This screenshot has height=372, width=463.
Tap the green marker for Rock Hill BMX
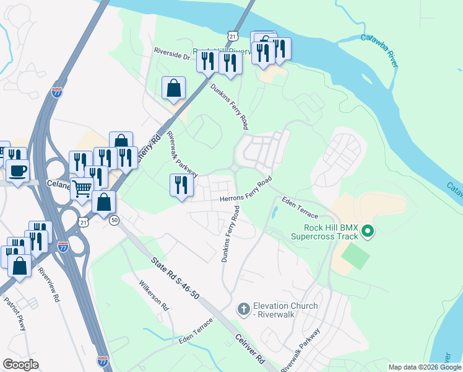368,232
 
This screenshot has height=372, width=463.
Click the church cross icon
244,308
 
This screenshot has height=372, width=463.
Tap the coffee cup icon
17,170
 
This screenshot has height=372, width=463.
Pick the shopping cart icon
82,188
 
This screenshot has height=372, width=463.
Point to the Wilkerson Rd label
154,296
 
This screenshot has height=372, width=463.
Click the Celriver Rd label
249,349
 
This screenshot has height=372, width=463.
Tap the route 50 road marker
114,220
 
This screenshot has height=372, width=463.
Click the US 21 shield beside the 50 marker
84,221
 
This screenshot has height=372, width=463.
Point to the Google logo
20,365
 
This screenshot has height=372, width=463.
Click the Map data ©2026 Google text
425,367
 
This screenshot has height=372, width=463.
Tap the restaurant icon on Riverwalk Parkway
181,185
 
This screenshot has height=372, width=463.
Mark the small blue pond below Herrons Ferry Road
274,213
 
